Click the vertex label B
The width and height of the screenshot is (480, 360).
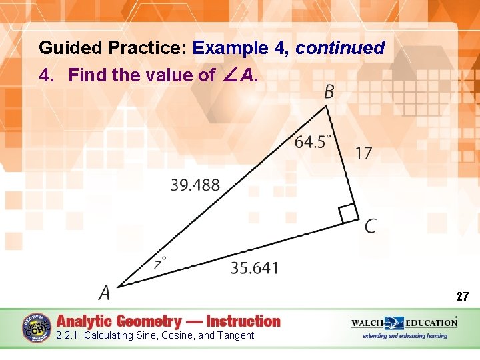click(x=329, y=91)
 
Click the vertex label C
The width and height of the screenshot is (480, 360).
click(x=370, y=227)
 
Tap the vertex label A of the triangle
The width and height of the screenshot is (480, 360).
click(x=104, y=293)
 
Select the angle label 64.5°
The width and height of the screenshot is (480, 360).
click(x=313, y=141)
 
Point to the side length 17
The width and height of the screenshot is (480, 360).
click(x=363, y=153)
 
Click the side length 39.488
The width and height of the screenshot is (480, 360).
click(x=195, y=185)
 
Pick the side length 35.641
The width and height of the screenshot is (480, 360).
click(x=255, y=268)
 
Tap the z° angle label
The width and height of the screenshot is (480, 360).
click(x=160, y=263)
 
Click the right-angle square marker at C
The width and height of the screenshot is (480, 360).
click(x=348, y=214)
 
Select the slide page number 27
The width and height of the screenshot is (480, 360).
click(x=463, y=296)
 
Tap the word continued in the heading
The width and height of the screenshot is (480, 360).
click(x=340, y=48)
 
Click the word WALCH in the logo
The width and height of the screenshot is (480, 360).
click(x=369, y=323)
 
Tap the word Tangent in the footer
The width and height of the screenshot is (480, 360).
click(x=235, y=335)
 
